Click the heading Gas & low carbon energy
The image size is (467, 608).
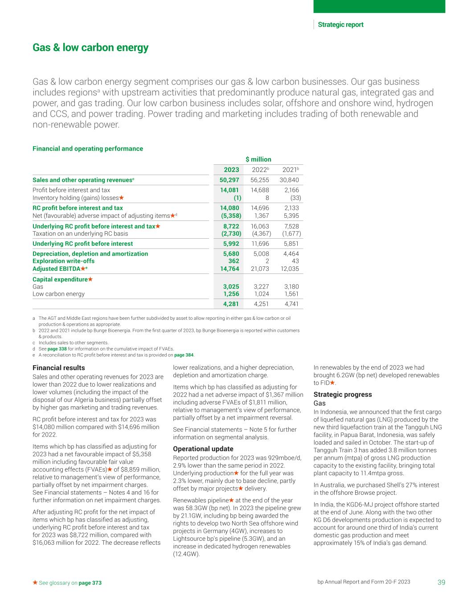click(90, 48)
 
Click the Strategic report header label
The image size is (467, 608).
click(340, 24)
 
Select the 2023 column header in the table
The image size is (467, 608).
click(231, 170)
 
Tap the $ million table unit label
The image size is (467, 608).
click(258, 159)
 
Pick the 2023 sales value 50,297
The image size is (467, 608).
click(229, 180)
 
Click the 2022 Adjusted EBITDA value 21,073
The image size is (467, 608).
click(260, 269)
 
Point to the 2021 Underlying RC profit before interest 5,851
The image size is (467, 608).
click(290, 244)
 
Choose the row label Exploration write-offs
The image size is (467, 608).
click(63, 261)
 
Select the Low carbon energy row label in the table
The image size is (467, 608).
click(58, 294)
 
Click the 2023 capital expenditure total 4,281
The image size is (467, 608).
click(231, 304)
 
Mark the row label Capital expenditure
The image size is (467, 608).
click(60, 279)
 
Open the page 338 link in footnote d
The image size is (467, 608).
click(57, 349)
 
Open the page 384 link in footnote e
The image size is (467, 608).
click(184, 355)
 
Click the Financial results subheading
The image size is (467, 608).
click(58, 368)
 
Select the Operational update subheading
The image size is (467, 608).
click(203, 449)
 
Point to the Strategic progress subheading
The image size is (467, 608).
click(342, 394)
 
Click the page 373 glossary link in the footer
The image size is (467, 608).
click(90, 583)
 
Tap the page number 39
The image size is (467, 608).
click(441, 582)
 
